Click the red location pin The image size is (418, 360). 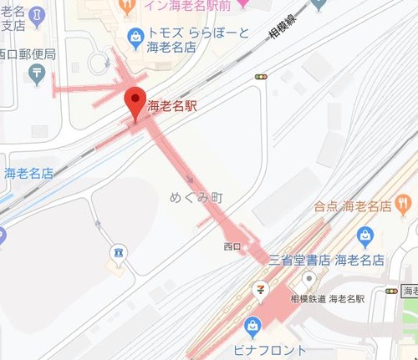tap(135, 102)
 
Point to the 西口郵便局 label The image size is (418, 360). tap(27, 54)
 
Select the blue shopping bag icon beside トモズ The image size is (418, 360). tap(134, 35)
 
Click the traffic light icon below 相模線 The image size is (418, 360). tap(263, 77)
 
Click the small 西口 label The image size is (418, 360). tap(232, 246)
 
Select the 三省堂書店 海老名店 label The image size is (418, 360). tap(325, 260)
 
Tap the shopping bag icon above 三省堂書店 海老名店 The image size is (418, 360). tap(364, 236)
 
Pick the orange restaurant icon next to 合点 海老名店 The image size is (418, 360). tap(404, 203)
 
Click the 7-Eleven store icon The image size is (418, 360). tap(262, 292)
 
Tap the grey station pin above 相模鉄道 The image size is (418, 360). tap(309, 279)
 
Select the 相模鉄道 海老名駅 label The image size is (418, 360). tap(329, 297)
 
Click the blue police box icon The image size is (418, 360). tap(117, 251)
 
